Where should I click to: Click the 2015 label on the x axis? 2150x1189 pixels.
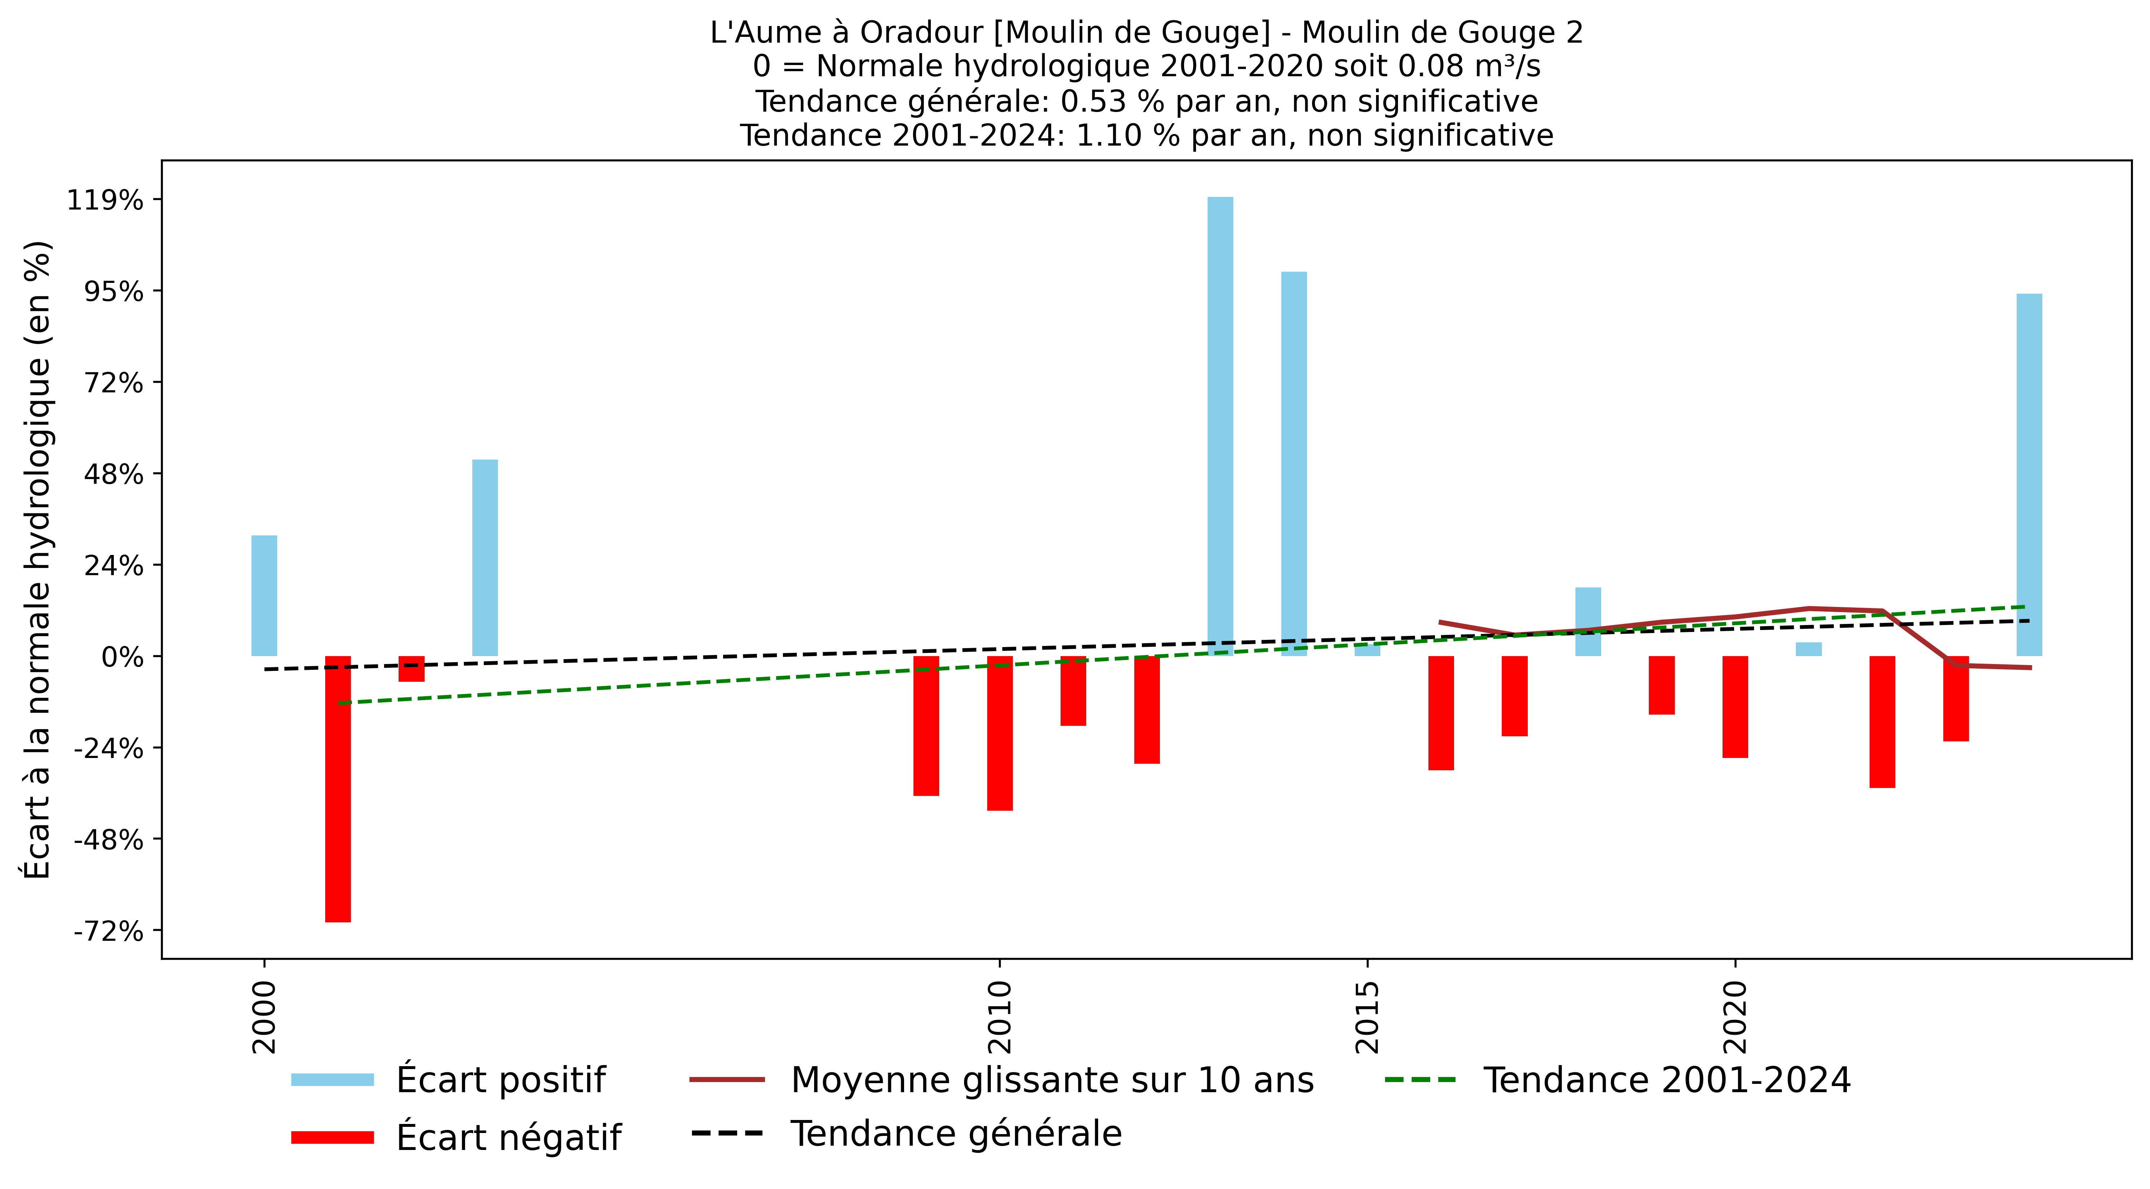click(1366, 1016)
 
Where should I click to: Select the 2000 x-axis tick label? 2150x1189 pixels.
click(264, 1016)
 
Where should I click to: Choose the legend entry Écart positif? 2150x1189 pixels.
click(501, 1080)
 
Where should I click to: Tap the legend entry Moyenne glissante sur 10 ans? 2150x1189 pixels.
click(1052, 1080)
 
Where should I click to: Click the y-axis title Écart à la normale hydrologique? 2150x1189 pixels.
click(38, 559)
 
